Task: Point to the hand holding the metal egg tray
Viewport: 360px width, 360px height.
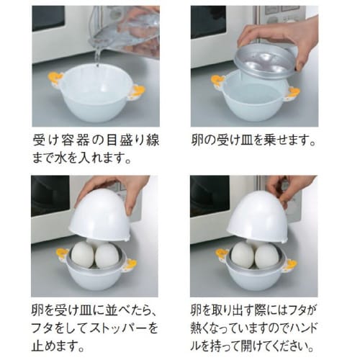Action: coord(281,32)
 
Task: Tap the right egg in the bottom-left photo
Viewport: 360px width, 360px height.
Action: coord(108,256)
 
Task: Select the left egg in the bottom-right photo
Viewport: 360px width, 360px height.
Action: coord(242,255)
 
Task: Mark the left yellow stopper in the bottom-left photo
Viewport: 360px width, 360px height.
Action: coord(61,253)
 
